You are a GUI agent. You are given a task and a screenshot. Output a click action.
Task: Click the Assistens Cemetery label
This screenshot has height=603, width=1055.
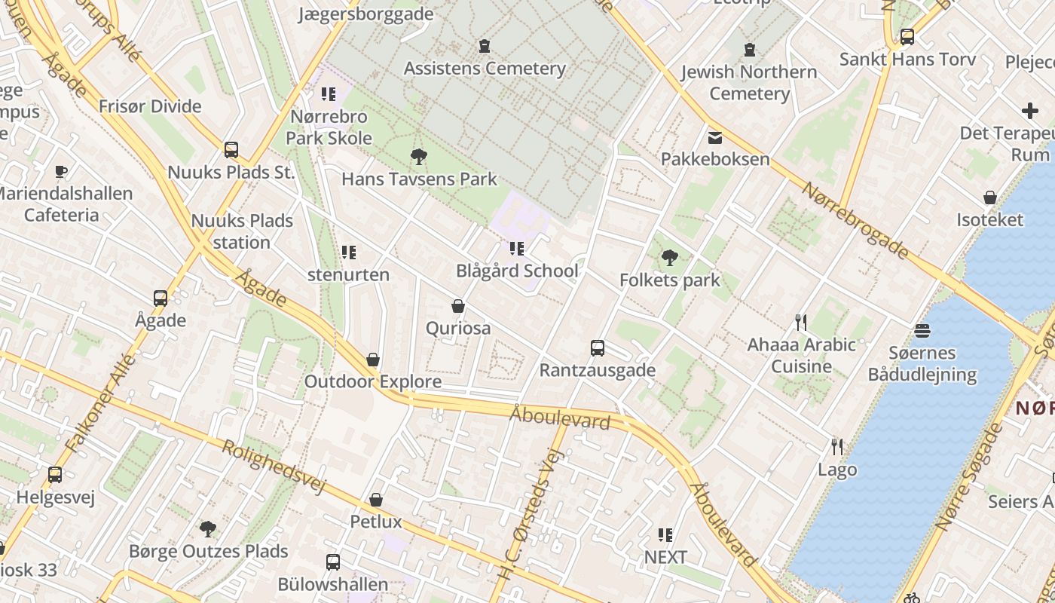pos(485,69)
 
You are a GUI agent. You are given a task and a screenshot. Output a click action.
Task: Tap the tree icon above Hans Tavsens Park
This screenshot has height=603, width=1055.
pos(418,157)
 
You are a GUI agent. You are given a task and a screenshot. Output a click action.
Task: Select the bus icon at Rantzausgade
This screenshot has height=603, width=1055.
pos(598,348)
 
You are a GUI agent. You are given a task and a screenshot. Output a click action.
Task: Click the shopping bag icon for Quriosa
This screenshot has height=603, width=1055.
pos(457,306)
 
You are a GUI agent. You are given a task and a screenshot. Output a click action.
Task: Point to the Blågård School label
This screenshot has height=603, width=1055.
pos(517,271)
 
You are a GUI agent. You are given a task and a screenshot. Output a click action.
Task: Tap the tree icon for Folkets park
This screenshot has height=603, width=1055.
pos(669,259)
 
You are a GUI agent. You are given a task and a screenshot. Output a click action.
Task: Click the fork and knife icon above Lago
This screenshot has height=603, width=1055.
pos(836,447)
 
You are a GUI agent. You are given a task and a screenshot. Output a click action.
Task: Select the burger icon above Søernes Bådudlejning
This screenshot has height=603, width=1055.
pos(922,331)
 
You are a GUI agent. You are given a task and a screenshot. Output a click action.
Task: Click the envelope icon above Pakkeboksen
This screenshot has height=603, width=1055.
pos(714,137)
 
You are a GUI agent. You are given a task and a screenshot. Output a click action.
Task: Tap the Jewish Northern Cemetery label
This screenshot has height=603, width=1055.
pos(748,83)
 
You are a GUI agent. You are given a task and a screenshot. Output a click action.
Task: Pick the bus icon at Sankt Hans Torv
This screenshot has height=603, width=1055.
pos(907,37)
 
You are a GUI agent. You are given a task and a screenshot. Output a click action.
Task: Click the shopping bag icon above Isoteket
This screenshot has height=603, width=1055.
pos(990,197)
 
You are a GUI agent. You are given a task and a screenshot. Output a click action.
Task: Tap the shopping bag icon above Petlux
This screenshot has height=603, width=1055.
pos(375,500)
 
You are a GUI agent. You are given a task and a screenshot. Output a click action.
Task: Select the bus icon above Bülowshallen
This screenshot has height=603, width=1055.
pos(332,562)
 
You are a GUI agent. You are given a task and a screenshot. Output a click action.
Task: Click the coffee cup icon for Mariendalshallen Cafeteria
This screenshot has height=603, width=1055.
pos(61,172)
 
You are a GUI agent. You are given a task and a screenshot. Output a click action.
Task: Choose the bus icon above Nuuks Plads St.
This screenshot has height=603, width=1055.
pos(231,150)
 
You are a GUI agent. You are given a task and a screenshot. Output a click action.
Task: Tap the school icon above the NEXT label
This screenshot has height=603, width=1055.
pos(665,535)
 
